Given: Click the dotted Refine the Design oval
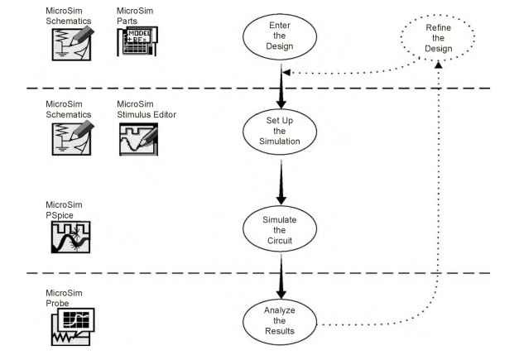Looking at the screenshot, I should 438,40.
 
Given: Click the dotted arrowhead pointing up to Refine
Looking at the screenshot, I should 438,65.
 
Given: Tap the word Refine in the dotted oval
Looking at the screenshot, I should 438,27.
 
